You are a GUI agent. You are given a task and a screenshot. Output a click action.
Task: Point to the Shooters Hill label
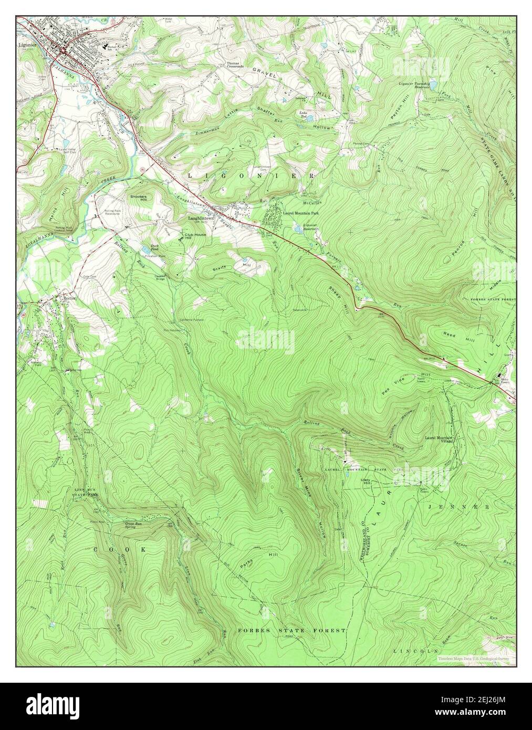[139, 197]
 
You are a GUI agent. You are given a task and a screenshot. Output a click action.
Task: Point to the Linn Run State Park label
[85, 492]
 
